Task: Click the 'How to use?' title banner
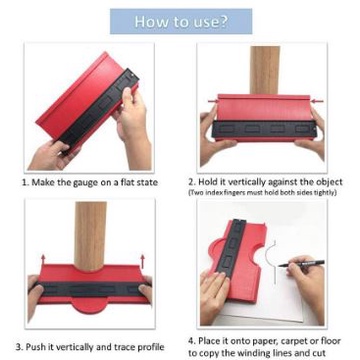tap(181, 21)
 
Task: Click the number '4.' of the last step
tap(192, 341)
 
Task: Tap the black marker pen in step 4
tap(301, 263)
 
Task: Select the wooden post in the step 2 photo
tap(265, 70)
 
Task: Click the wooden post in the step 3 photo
tap(90, 236)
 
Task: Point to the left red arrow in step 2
tap(213, 101)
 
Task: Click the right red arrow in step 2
tap(318, 101)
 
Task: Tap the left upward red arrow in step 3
tap(43, 261)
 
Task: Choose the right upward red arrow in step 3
tap(143, 261)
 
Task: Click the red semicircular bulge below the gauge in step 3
tap(90, 305)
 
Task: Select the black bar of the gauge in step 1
tap(100, 110)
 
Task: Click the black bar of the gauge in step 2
tap(264, 130)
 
